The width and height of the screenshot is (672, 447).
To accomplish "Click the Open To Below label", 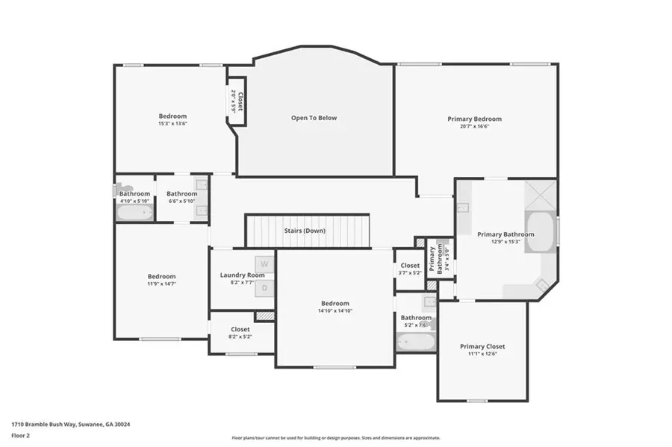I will [x=314, y=118].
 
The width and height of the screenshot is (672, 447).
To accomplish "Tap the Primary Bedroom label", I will [x=474, y=119].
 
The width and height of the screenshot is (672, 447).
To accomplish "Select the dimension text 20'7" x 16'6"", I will [x=474, y=127].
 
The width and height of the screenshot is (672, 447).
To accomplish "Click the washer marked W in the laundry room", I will [x=264, y=265].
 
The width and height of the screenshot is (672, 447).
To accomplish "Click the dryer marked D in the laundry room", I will [x=264, y=287].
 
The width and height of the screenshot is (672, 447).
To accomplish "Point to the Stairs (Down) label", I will [x=305, y=231].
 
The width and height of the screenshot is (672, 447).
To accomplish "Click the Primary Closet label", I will [x=482, y=346].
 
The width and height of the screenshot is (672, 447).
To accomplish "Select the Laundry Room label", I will [x=242, y=275].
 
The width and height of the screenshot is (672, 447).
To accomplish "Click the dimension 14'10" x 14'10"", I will [x=335, y=311].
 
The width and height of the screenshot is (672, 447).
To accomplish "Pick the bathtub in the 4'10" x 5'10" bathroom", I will [x=134, y=213].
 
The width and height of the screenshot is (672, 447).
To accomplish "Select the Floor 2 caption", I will [x=20, y=434].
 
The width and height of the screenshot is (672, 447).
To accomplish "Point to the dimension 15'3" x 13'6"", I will [x=172, y=124].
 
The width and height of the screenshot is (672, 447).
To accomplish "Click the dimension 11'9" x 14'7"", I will [x=161, y=284].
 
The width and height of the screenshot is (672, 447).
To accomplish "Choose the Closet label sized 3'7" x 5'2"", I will [x=410, y=265].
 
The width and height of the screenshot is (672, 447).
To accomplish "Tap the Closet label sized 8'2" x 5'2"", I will [x=240, y=329].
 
